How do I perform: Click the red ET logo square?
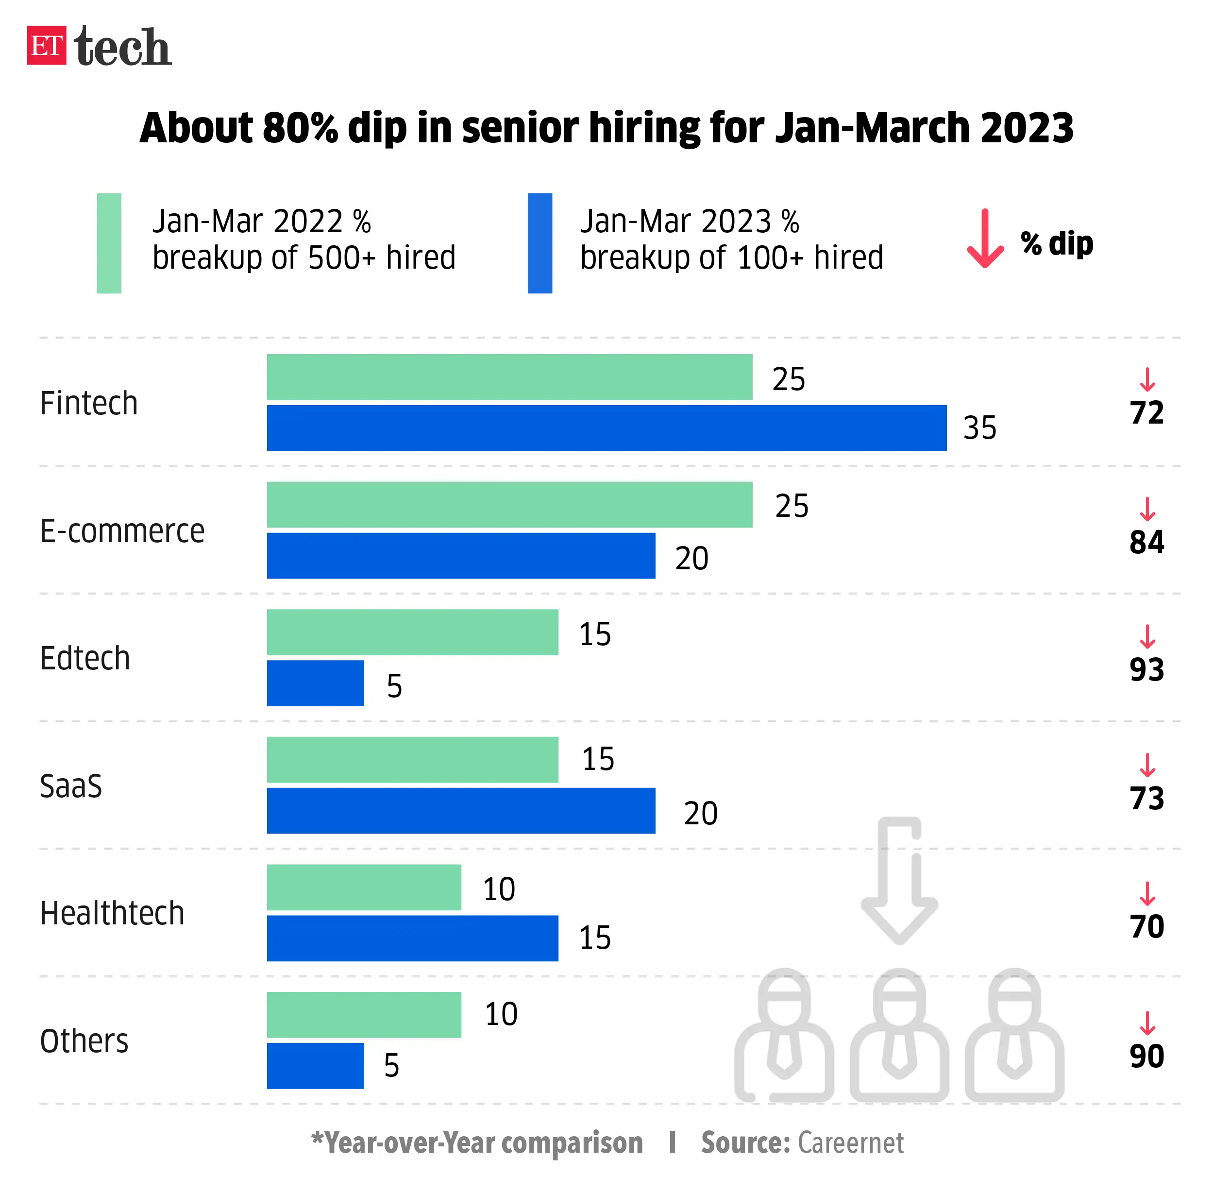click(x=47, y=45)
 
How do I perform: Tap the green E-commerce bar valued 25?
click(x=509, y=505)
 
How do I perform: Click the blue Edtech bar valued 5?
click(x=315, y=683)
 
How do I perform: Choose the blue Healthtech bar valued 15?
click(x=412, y=938)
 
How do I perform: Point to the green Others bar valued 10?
click(x=364, y=1015)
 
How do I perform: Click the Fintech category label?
click(x=88, y=403)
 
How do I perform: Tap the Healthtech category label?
click(x=112, y=914)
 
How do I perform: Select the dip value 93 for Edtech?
click(x=1147, y=670)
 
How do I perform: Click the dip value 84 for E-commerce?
click(x=1147, y=542)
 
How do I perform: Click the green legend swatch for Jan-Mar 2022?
click(x=109, y=243)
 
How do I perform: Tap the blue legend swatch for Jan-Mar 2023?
click(x=540, y=243)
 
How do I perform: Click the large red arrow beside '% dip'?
click(x=985, y=239)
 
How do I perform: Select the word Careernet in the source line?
click(x=850, y=1143)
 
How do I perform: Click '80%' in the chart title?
click(x=300, y=128)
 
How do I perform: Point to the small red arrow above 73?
click(x=1147, y=765)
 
